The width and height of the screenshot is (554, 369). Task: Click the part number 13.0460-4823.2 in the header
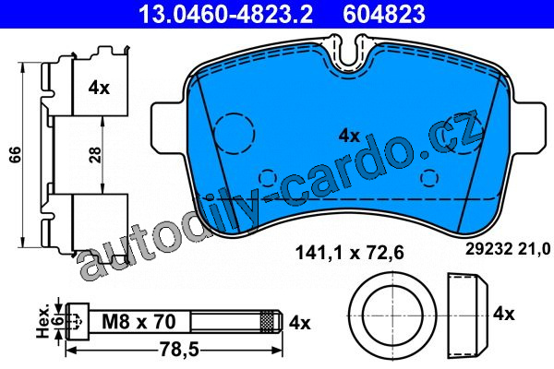coord(225,14)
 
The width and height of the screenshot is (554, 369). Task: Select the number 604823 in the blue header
coord(384,14)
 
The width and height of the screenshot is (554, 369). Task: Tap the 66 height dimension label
coord(15,154)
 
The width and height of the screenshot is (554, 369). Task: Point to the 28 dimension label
coord(95,154)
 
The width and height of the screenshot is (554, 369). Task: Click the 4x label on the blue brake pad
coord(349,136)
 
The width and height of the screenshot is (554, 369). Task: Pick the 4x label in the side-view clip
coord(99,88)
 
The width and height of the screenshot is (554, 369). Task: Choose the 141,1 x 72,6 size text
coord(349,253)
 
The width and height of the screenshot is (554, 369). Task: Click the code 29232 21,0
coord(508,249)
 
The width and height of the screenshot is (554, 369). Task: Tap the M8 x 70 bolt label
coord(138,322)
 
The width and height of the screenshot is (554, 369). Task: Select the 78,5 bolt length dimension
coord(179,350)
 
